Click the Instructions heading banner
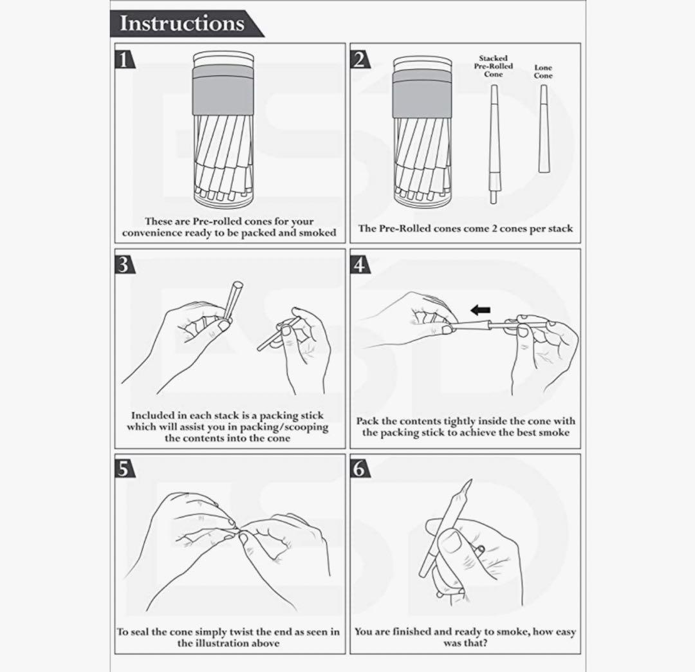(x=186, y=23)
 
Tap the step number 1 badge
(x=125, y=59)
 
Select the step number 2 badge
(x=360, y=59)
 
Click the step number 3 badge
(x=125, y=265)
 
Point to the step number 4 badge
(x=360, y=265)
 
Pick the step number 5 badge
(x=125, y=469)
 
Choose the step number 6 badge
(x=360, y=469)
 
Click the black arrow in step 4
(x=480, y=310)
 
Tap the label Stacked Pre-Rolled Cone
(x=494, y=66)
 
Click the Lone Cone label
(x=543, y=71)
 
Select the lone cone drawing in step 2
(x=543, y=129)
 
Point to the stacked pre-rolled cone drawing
(x=494, y=144)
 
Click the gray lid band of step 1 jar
(x=223, y=90)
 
